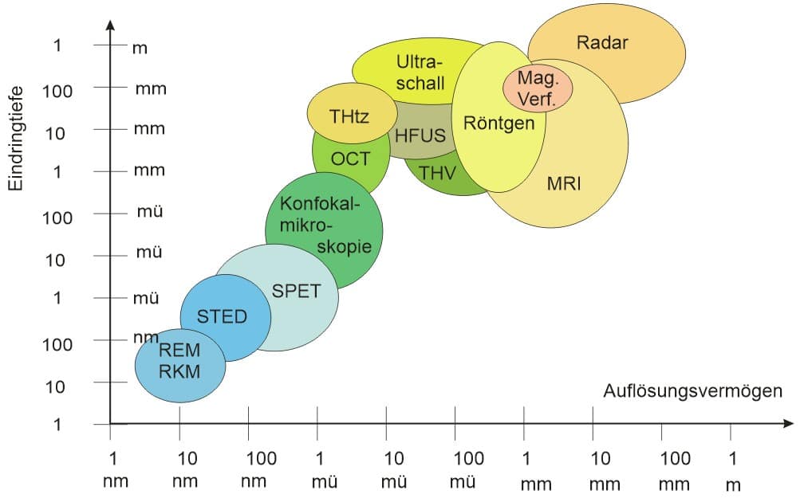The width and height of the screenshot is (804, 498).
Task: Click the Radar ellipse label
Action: pos(602,42)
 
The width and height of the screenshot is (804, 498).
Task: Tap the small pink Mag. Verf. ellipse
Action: pos(538,88)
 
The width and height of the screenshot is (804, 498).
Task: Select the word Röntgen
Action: pos(499,124)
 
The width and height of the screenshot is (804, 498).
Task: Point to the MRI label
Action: pos(564,183)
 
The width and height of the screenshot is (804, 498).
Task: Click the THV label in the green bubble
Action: pos(437,173)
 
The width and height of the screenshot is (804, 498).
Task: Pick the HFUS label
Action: pos(420,135)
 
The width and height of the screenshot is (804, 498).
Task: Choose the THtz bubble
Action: pos(349,112)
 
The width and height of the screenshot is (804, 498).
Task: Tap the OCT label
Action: pos(350,159)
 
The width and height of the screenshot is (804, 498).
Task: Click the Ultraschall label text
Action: pos(420,73)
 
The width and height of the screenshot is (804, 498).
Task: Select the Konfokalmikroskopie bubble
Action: pos(324,230)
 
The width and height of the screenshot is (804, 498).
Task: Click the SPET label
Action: pos(296,291)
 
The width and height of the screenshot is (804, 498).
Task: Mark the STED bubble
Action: pos(226,318)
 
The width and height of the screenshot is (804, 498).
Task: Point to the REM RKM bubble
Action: pos(180,366)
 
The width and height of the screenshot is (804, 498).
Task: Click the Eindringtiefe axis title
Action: pos(16,139)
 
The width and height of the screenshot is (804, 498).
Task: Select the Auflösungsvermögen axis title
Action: pos(692,391)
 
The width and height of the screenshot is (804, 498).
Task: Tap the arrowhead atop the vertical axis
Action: pos(110,25)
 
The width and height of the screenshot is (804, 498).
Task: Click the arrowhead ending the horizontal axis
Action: pos(788,423)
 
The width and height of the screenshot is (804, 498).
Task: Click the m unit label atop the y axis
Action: pos(140,49)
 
